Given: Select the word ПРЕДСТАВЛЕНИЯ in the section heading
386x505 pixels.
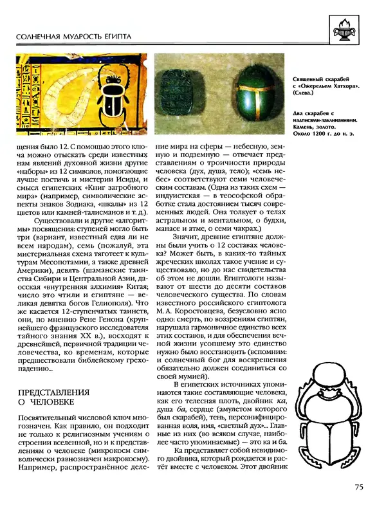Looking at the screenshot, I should click(54, 392).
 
